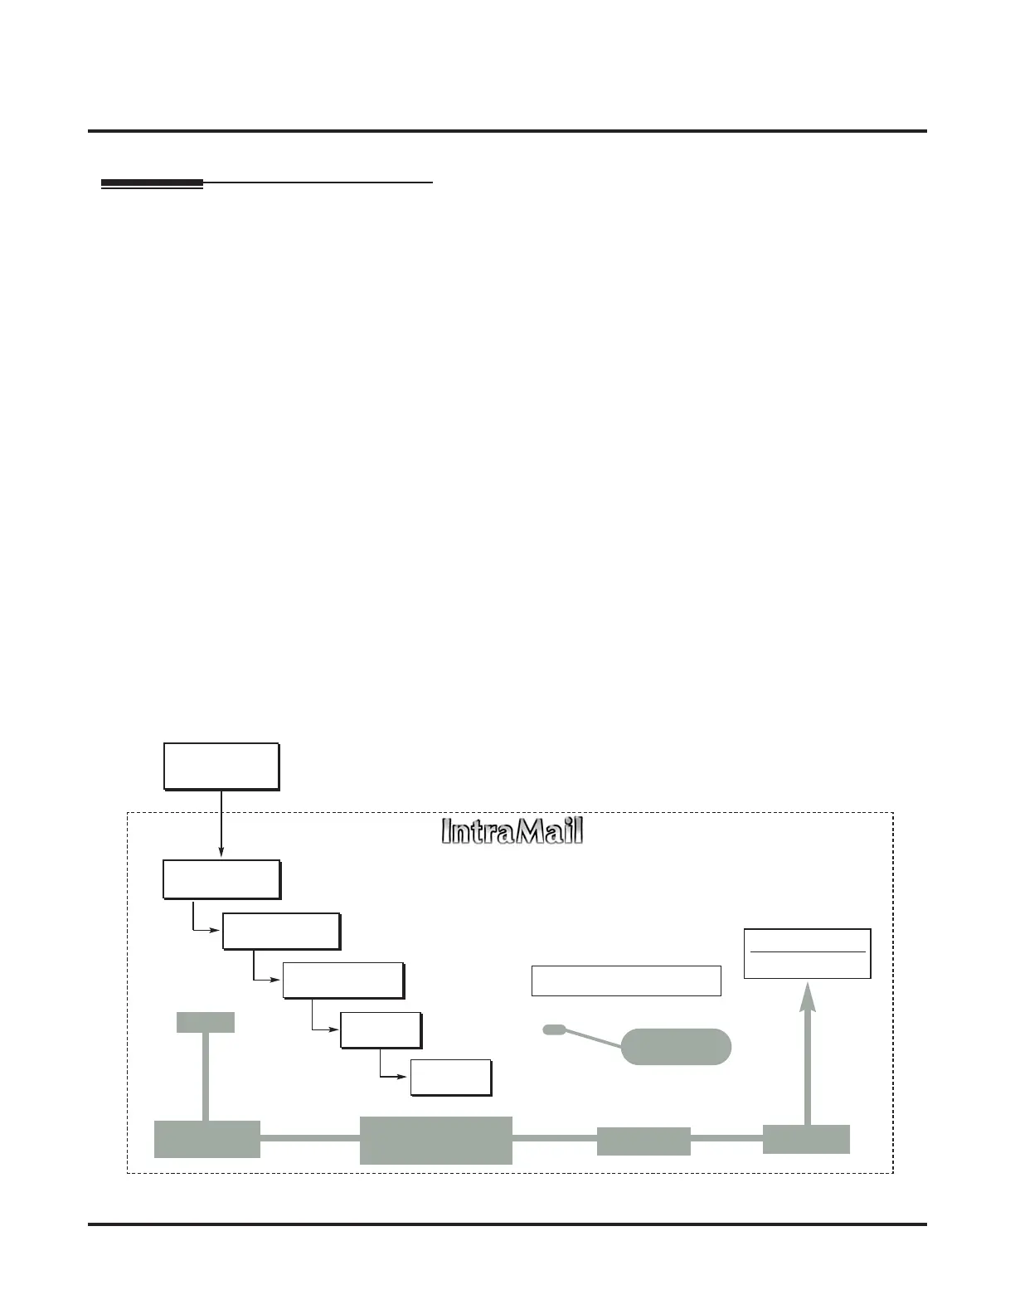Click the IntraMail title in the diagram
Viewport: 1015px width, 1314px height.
tap(512, 831)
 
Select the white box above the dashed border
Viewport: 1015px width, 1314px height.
tap(221, 766)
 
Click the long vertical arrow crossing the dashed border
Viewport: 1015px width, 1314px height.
tap(221, 821)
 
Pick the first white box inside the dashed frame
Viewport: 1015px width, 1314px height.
tap(221, 879)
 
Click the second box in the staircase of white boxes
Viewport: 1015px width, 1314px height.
tap(281, 931)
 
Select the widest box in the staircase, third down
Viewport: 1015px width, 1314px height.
tap(343, 981)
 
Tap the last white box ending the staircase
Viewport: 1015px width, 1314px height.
tap(451, 1078)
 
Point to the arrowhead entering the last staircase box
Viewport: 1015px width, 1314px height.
tap(406, 1077)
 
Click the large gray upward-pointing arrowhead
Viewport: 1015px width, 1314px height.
tap(808, 995)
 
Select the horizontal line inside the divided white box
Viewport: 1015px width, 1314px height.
tap(807, 951)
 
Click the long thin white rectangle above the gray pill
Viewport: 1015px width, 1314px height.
tap(626, 981)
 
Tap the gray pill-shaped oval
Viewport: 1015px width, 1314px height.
tap(676, 1046)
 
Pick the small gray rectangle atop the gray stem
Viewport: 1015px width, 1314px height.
tap(206, 1022)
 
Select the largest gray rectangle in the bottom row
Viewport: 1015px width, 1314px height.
tap(435, 1140)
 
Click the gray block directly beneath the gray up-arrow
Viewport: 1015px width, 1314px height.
tap(806, 1139)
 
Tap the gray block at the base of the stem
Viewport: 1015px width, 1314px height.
tap(207, 1139)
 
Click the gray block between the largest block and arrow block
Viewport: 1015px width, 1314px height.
tap(643, 1141)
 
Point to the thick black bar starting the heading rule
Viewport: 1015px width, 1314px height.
tap(152, 183)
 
